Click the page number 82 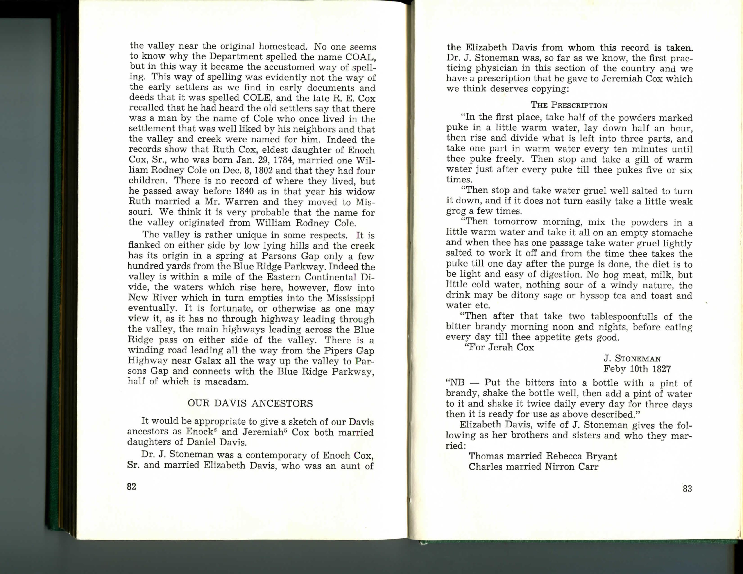132,487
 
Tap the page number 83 687,489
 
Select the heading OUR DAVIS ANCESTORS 250,404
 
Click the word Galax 209,361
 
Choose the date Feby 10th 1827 637,369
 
